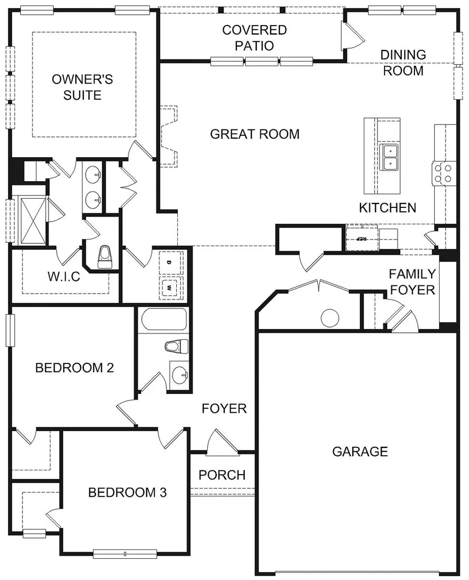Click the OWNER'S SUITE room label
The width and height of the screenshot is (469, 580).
82,87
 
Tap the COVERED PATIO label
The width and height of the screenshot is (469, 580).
254,38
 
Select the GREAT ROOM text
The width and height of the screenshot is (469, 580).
255,134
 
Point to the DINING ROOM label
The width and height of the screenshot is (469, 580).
403,63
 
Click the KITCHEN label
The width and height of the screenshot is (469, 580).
387,208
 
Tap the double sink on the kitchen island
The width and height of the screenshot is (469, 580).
390,157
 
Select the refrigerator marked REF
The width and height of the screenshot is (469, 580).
362,238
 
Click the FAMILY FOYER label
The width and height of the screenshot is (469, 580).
412,282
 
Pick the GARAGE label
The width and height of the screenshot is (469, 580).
360,452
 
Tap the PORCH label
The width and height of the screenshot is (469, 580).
222,475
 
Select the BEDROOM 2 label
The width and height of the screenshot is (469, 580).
74,368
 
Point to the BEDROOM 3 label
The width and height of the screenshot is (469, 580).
127,493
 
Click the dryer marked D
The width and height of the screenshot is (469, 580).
170,263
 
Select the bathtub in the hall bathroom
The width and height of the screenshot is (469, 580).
163,320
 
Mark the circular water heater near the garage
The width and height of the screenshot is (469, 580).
330,318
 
